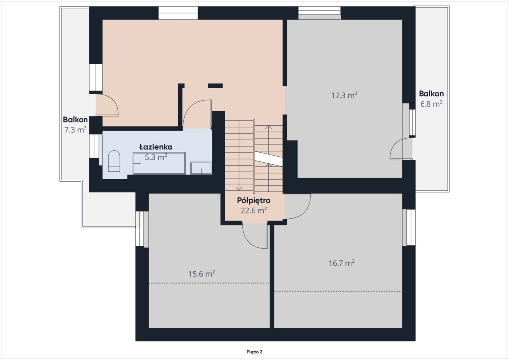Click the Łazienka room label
coord(156,147)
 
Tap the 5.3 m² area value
coord(156,157)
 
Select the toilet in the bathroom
coord(114,161)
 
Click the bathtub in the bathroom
coord(159,163)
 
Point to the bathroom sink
coord(201,168)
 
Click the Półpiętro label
coord(254,200)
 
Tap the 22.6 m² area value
coord(254,211)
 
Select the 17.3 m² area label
coord(344,95)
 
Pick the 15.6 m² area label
coord(202,274)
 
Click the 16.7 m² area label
coord(341,263)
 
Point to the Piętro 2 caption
coord(254,352)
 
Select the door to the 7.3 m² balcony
coord(107,105)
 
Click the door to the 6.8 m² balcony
coord(401,149)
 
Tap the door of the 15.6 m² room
coord(255,236)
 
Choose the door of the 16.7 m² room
coord(297,206)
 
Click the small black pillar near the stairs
coord(215,86)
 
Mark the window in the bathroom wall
coord(95,146)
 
